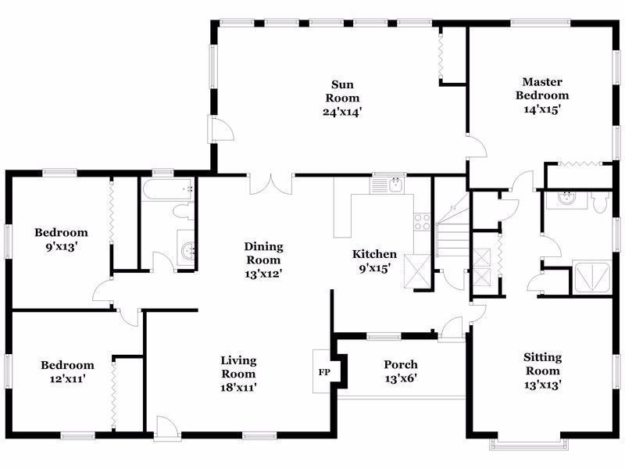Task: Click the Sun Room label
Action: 342,91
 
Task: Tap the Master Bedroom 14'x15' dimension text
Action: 542,109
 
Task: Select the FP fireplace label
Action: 324,373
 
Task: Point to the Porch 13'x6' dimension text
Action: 401,378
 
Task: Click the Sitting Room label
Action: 542,363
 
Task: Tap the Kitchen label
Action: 374,254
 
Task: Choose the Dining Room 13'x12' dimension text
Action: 263,274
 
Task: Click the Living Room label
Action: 238,367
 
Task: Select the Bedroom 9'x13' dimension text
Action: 61,247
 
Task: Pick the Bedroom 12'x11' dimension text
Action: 67,378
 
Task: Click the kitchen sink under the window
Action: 396,184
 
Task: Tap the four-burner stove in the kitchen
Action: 423,222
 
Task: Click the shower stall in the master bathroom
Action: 591,277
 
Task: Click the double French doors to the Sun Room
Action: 271,184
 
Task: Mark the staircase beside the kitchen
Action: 453,231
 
